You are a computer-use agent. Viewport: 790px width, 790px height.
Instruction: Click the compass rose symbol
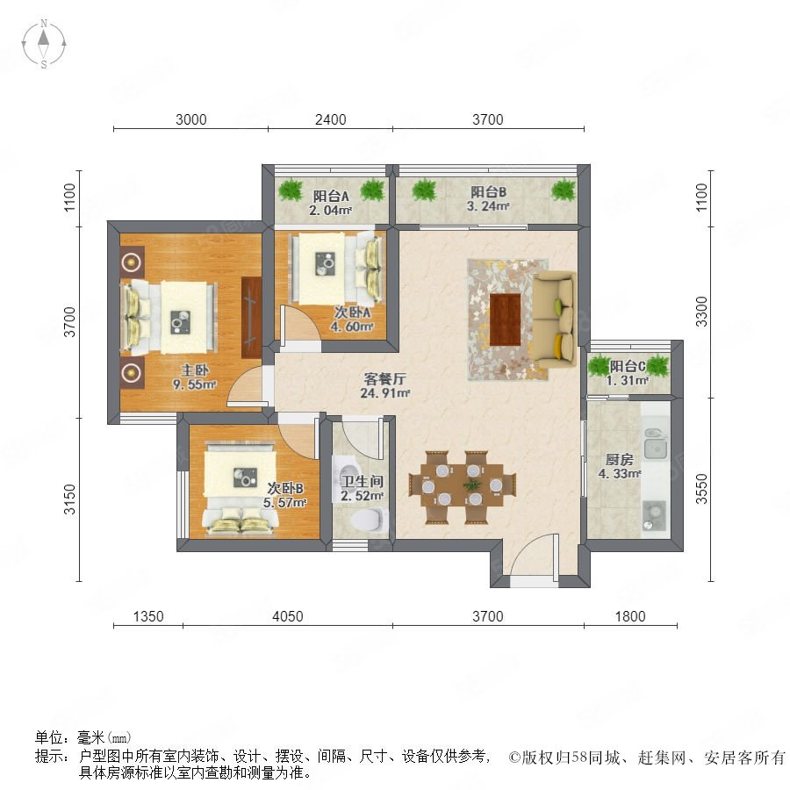pos(44,43)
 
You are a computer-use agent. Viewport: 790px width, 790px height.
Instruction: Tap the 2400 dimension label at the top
pos(331,119)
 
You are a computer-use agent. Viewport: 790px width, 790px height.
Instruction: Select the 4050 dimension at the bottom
pos(288,616)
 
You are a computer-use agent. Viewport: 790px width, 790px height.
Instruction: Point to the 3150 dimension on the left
pos(69,499)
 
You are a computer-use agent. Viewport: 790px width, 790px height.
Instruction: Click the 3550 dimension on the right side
pos(701,489)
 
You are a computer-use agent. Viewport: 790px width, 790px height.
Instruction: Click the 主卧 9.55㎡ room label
pos(194,377)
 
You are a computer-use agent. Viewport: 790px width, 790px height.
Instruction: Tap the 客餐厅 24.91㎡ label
pos(385,385)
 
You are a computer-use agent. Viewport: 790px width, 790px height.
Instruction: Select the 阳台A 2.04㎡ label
pos(331,203)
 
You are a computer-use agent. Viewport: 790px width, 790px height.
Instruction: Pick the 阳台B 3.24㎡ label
pos(488,198)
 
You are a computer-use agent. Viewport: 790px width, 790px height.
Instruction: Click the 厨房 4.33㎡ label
pos(619,467)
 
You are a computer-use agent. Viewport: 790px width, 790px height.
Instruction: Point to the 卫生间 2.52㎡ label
pos(362,488)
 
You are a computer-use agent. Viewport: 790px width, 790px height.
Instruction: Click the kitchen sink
pos(655,444)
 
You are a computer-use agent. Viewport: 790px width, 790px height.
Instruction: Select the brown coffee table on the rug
pos(505,320)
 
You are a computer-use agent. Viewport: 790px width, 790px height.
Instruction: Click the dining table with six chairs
pos(463,486)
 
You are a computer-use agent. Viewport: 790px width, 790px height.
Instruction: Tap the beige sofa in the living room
pos(555,320)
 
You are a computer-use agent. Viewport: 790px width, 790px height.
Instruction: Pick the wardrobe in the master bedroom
pos(251,318)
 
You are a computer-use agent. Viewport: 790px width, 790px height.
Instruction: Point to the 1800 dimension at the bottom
pos(629,616)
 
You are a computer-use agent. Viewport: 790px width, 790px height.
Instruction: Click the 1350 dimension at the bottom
pos(148,616)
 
